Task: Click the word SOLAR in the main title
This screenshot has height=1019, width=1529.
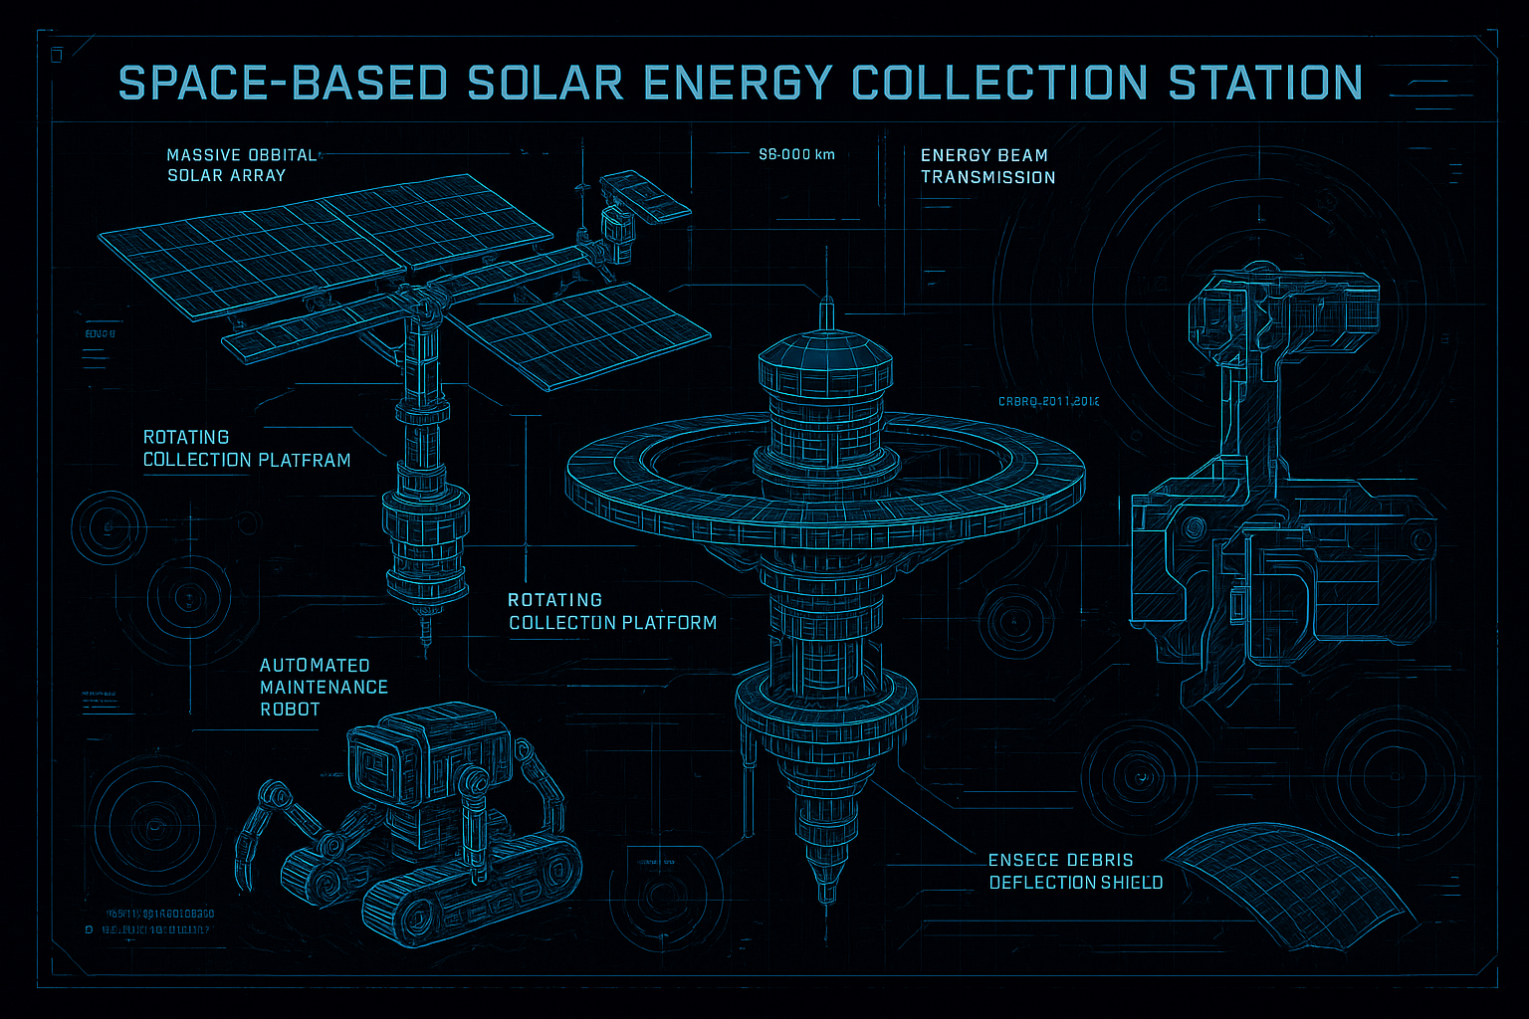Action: click(545, 83)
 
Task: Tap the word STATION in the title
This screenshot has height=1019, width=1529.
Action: click(1265, 83)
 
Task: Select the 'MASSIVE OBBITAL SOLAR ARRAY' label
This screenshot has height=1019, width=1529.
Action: click(240, 165)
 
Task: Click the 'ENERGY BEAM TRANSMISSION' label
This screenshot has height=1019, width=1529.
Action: click(987, 166)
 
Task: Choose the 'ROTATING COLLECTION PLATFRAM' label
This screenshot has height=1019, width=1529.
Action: click(246, 449)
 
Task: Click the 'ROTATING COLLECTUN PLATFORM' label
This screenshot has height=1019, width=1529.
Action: click(612, 611)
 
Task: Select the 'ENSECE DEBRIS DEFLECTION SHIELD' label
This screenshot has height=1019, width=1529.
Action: click(1075, 871)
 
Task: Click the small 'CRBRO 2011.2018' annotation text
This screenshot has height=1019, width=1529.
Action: click(1048, 402)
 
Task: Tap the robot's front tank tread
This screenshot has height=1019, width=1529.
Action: click(468, 891)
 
